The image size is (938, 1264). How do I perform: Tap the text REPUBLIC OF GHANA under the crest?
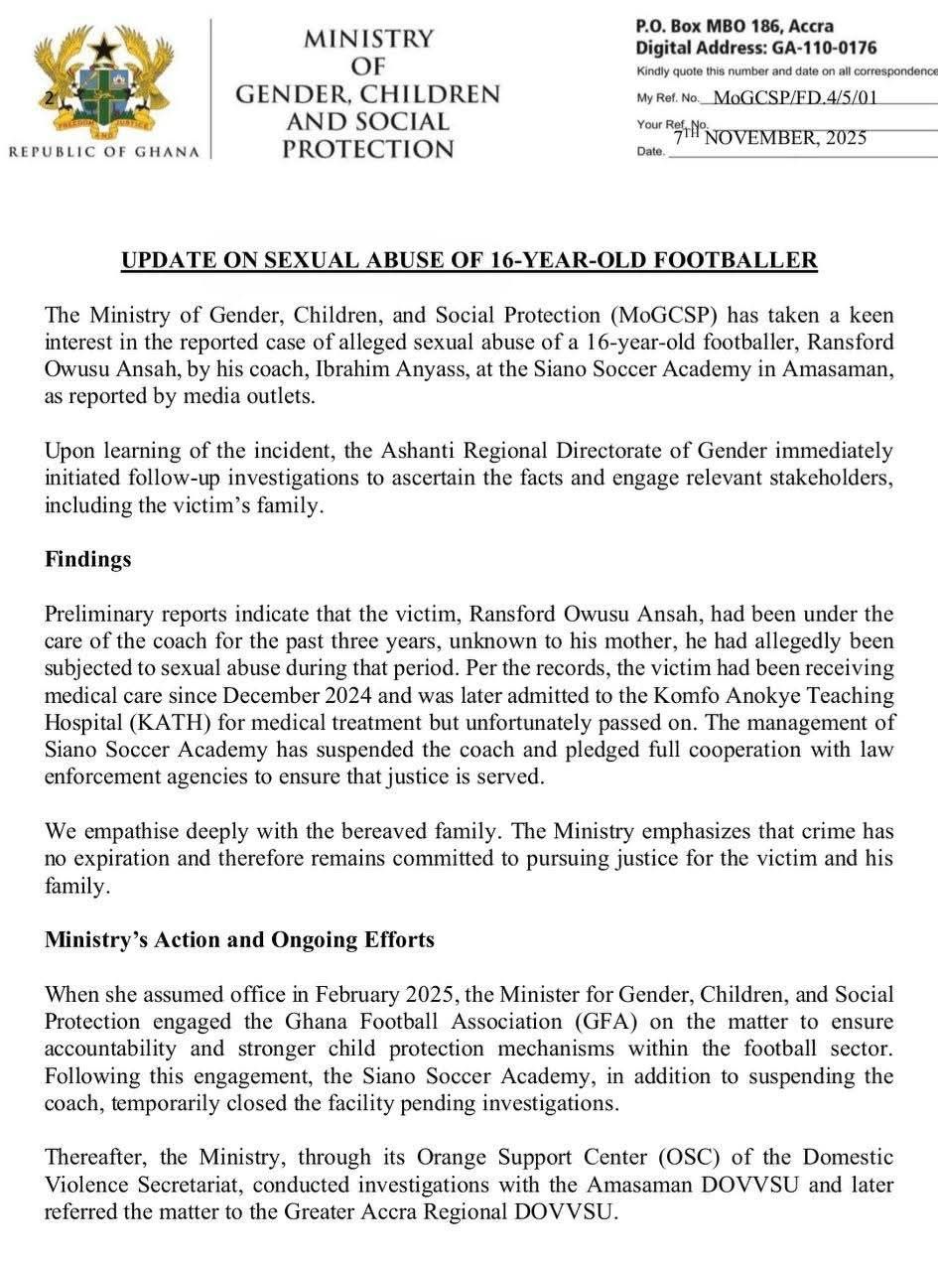103,152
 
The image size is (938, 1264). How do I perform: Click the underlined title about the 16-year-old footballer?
469,261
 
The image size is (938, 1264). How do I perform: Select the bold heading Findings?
88,559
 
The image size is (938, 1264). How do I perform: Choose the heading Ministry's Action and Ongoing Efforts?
239,939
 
